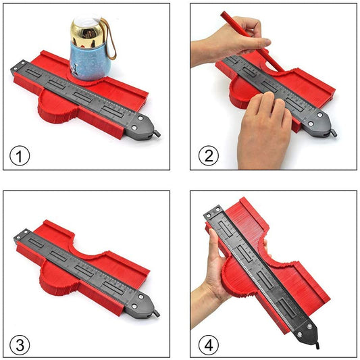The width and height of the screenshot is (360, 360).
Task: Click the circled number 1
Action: pos(20,156)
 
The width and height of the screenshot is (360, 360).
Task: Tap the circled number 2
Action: pos(209,156)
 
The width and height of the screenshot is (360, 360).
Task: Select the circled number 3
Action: pos(20,345)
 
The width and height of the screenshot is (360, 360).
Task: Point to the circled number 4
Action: pos(209,345)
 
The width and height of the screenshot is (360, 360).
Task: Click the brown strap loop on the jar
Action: pos(110,39)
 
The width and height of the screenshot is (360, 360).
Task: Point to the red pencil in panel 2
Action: pos(253,41)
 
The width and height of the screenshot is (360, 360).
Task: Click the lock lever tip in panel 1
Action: pos(157,134)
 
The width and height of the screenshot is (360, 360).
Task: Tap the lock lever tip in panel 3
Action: pos(157,313)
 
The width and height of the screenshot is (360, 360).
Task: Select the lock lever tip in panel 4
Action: pos(317,346)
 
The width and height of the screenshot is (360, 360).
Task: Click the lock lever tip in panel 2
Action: pos(334,133)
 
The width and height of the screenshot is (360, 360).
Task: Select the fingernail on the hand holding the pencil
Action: pos(267,42)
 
